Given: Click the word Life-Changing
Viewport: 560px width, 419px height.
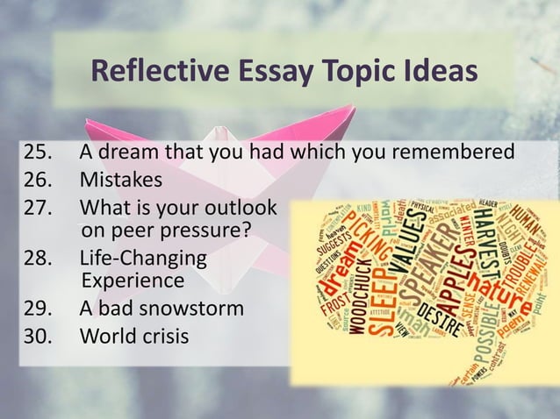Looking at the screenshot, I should [144, 259].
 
